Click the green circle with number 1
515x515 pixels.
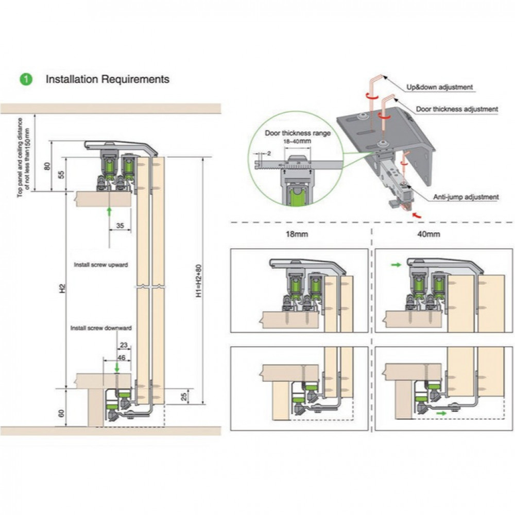(x=26, y=79)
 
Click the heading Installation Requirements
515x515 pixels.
(x=108, y=79)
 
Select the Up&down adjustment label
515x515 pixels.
(x=440, y=87)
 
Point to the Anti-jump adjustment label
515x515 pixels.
(x=466, y=197)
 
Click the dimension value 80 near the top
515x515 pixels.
(x=48, y=166)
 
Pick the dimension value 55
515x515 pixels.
(x=62, y=174)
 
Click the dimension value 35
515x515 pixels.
(x=120, y=225)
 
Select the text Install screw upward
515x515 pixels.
(x=100, y=264)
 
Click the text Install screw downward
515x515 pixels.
(x=101, y=328)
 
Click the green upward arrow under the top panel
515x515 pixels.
(x=109, y=211)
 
